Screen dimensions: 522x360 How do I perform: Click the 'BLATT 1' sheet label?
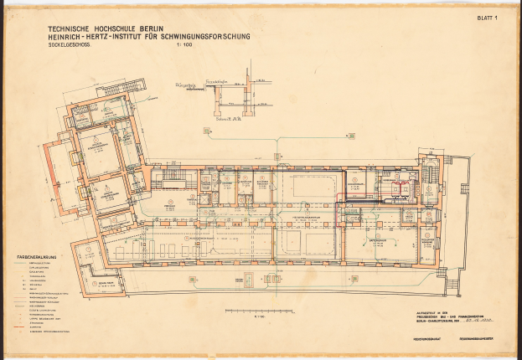[487, 18]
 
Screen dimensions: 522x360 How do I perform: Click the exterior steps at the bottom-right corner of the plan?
[452, 284]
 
